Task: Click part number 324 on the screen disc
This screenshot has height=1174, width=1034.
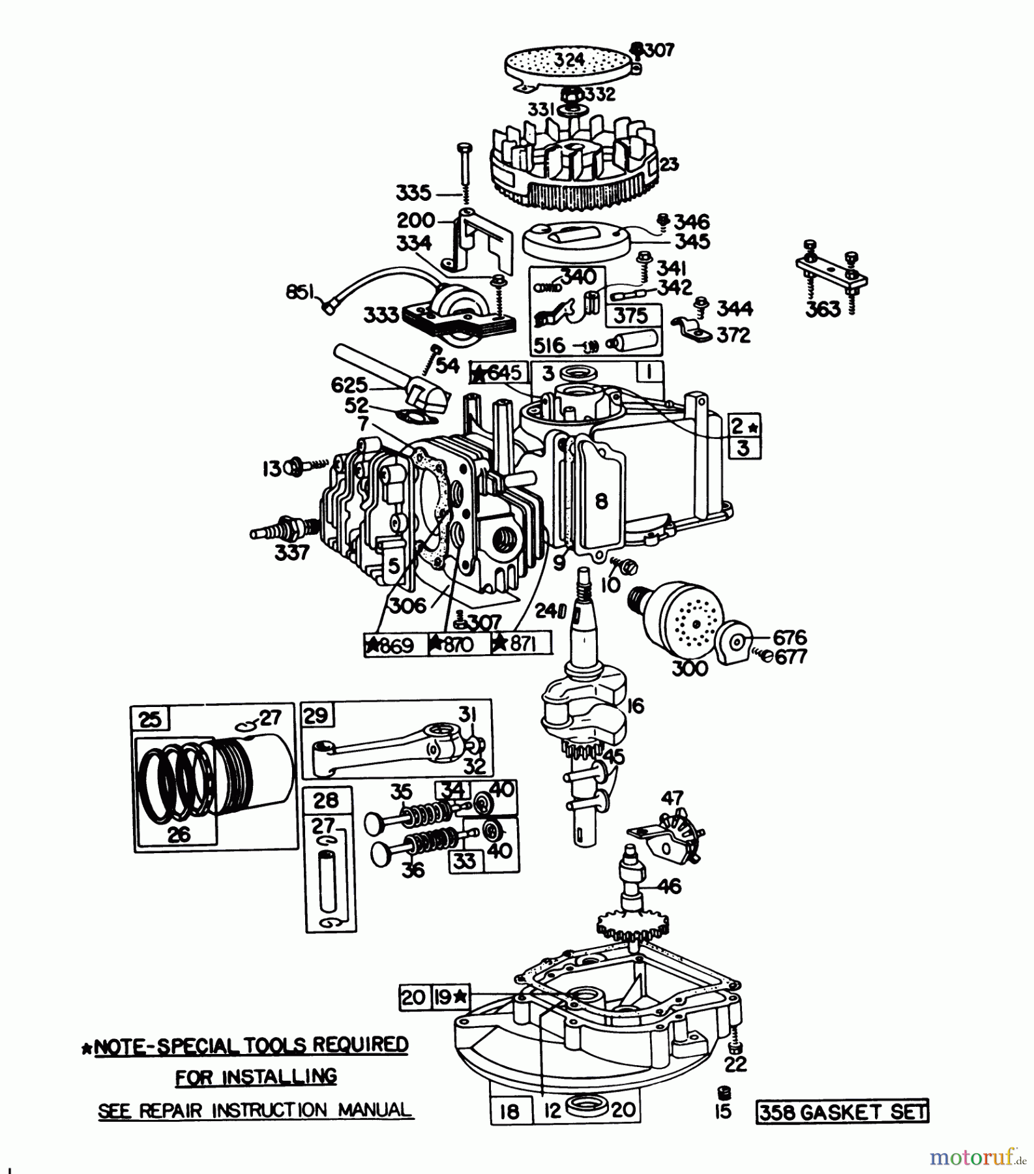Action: click(x=570, y=60)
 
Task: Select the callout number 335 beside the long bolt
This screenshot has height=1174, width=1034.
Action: click(x=413, y=193)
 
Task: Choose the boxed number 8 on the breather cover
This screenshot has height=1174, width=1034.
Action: click(x=601, y=501)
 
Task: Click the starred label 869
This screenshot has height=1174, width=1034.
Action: click(x=390, y=646)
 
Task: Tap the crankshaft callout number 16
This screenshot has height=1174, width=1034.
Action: click(x=635, y=705)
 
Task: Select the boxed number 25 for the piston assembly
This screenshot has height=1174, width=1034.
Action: click(x=150, y=719)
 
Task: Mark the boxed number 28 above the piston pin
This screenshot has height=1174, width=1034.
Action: click(x=326, y=800)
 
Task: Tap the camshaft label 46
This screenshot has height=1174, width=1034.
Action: click(x=670, y=886)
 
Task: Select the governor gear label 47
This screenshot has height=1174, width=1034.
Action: click(x=672, y=798)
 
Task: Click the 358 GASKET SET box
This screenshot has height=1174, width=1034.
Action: click(x=842, y=1112)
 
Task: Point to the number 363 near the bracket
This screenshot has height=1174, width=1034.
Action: click(x=823, y=309)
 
